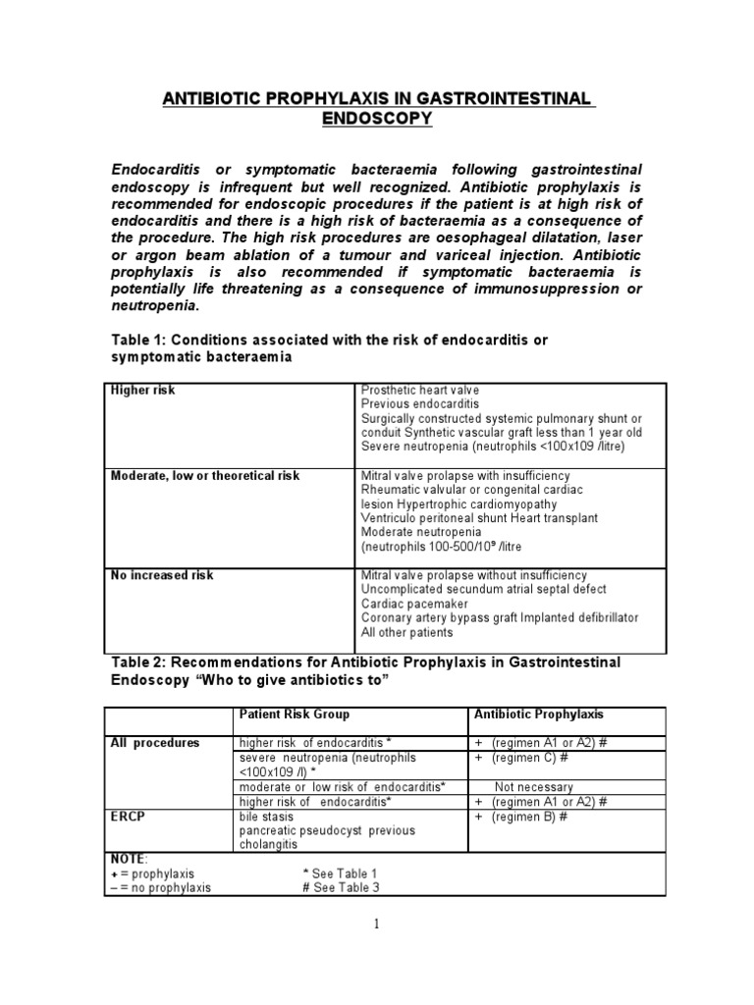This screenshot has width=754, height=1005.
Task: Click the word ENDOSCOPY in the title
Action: click(x=377, y=119)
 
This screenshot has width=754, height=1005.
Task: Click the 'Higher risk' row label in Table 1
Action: click(x=143, y=391)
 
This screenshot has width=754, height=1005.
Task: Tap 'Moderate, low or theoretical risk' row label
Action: click(x=204, y=476)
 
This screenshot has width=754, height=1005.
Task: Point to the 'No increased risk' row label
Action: click(x=161, y=575)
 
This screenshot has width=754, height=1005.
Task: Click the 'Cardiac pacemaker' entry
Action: click(x=414, y=604)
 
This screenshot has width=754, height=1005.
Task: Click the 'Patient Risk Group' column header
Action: click(x=294, y=714)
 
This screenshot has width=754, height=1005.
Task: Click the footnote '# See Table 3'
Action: click(x=342, y=887)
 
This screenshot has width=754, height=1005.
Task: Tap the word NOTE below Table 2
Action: click(x=126, y=858)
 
